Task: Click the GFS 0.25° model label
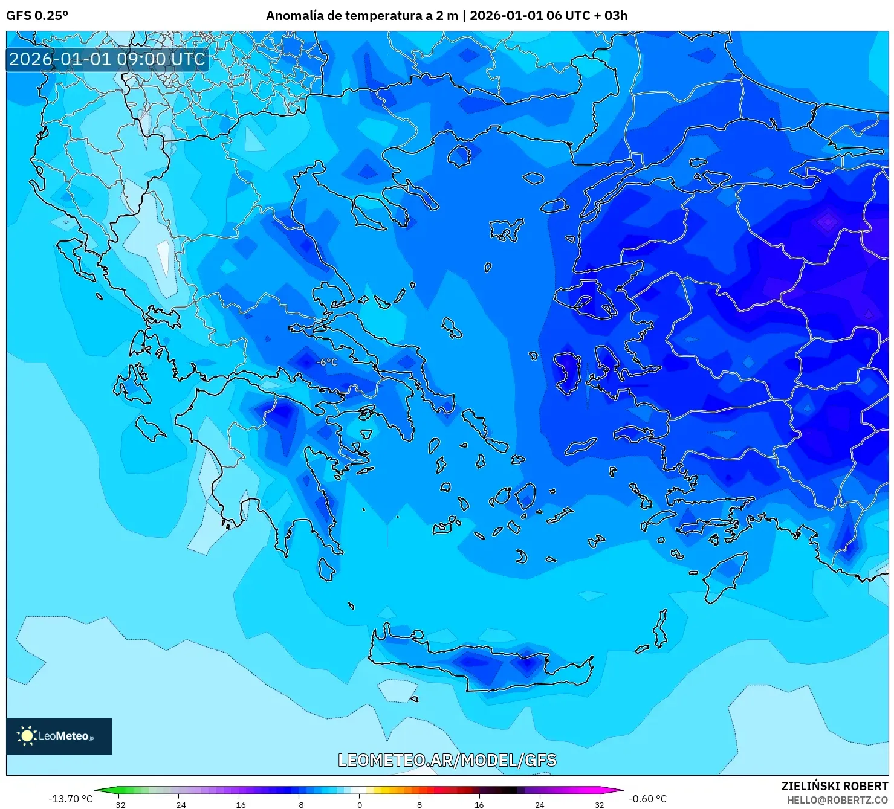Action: pyautogui.click(x=37, y=16)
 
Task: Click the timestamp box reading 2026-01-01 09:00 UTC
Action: pyautogui.click(x=107, y=59)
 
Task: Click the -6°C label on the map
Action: pyautogui.click(x=327, y=362)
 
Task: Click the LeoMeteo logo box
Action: pyautogui.click(x=59, y=736)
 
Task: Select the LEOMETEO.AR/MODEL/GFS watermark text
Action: pyautogui.click(x=447, y=760)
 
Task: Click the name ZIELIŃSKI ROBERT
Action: pyautogui.click(x=834, y=786)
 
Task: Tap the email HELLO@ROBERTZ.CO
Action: pyautogui.click(x=837, y=800)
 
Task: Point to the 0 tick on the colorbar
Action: pyautogui.click(x=360, y=804)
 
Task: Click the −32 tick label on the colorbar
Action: pyautogui.click(x=119, y=804)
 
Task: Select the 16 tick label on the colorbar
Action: pyautogui.click(x=479, y=804)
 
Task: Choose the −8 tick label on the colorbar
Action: pyautogui.click(x=299, y=804)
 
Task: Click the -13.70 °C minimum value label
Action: pyautogui.click(x=71, y=799)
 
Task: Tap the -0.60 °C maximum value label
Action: pyautogui.click(x=647, y=799)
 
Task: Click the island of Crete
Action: pyautogui.click(x=484, y=662)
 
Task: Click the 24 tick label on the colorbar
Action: pyautogui.click(x=539, y=804)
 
